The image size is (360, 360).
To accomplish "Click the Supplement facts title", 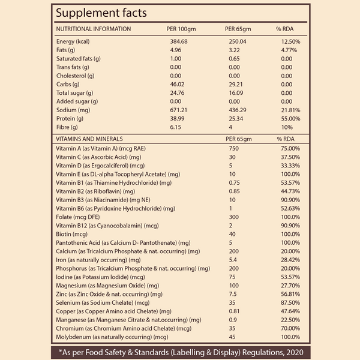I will (x=101, y=13).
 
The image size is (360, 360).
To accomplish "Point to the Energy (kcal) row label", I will (x=76, y=41).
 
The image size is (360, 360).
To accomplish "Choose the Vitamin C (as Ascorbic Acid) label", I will (x=103, y=157).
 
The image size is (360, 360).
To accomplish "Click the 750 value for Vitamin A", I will (x=234, y=148).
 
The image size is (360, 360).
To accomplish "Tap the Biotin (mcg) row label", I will (x=71, y=234).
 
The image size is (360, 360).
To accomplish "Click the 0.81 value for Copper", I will (x=235, y=311).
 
